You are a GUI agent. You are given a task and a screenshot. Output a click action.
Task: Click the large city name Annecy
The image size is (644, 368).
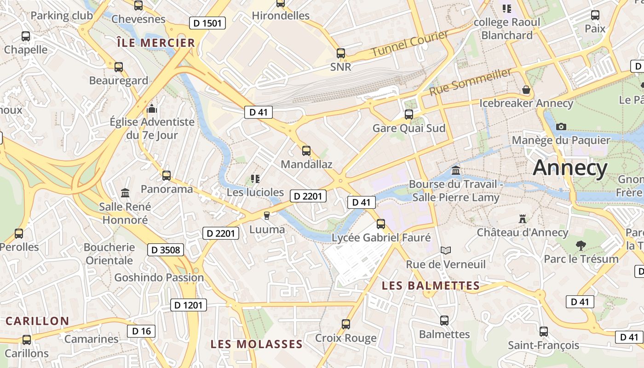pyautogui.click(x=570, y=168)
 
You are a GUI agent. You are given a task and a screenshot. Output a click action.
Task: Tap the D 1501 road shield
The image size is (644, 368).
pyautogui.click(x=207, y=23)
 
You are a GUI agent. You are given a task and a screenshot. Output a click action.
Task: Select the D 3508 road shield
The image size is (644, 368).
pyautogui.click(x=166, y=250)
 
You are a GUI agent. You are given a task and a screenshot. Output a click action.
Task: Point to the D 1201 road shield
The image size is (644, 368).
pyautogui.click(x=189, y=305)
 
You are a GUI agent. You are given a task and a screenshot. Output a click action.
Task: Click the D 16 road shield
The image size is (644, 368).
pyautogui.click(x=141, y=331)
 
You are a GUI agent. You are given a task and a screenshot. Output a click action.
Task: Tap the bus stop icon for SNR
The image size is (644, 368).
pyautogui.click(x=341, y=53)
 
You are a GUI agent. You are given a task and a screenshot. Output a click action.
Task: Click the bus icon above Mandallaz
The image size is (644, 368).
pyautogui.click(x=306, y=150)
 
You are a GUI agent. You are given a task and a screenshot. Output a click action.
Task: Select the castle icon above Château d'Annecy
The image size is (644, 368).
pyautogui.click(x=522, y=218)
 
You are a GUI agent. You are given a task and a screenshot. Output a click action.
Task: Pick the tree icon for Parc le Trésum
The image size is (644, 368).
pyautogui.click(x=581, y=245)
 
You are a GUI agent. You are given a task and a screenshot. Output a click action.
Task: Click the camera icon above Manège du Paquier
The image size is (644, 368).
pyautogui.click(x=561, y=126)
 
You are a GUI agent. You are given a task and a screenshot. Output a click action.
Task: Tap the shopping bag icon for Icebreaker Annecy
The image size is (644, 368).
pyautogui.click(x=526, y=90)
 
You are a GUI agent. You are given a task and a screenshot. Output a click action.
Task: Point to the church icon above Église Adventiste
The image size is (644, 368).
pyautogui.click(x=152, y=109)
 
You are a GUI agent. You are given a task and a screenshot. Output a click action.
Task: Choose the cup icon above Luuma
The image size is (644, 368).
pyautogui.click(x=267, y=215)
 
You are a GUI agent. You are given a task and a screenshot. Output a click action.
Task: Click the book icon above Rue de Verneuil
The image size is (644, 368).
pyautogui.click(x=445, y=250)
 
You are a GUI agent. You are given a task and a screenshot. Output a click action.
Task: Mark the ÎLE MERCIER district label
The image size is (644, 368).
pyautogui.click(x=156, y=43)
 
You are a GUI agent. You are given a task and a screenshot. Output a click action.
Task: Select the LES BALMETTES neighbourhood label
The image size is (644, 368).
pyautogui.click(x=431, y=286)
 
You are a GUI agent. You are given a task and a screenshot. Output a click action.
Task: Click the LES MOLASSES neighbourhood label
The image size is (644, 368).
pyautogui.click(x=257, y=344)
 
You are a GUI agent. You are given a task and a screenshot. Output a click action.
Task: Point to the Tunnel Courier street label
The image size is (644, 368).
pyautogui.click(x=409, y=44)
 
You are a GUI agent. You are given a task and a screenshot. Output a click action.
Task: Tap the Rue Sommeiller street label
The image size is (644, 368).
pyautogui.click(x=471, y=82)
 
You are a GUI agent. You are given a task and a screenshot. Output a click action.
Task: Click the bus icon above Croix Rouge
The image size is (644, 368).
pyautogui.click(x=346, y=324)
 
